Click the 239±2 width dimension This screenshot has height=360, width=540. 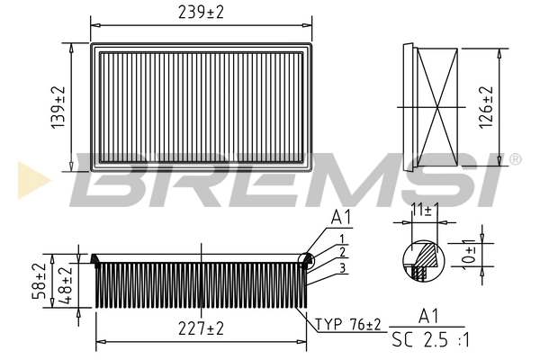202,13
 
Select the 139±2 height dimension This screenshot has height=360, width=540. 58,107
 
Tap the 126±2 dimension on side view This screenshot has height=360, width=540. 486,107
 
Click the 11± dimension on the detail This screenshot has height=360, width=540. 422,211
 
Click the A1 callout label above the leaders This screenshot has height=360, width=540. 340,218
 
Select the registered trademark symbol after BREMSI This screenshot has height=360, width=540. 515,159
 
